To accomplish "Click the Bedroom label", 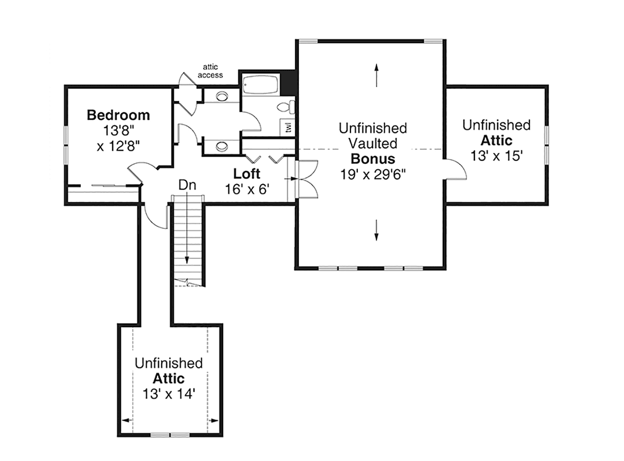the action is (x=118, y=115).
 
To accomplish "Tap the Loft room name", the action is (x=246, y=174).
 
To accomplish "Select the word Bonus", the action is (x=373, y=159).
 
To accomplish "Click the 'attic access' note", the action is (x=210, y=71).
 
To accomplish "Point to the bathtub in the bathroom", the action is (x=261, y=85).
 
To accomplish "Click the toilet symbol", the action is (x=286, y=107).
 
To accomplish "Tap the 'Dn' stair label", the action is (x=187, y=185).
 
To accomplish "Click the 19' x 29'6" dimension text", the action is (x=373, y=175).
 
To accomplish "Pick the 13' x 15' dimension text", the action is (x=497, y=156).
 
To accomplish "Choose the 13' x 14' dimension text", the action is (x=169, y=394).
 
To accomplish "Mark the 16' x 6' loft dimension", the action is (x=247, y=189).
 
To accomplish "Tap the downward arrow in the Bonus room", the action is (x=376, y=230).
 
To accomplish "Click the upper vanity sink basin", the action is (x=222, y=96).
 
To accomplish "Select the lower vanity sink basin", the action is (x=222, y=146).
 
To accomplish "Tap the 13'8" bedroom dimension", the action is (x=119, y=131).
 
